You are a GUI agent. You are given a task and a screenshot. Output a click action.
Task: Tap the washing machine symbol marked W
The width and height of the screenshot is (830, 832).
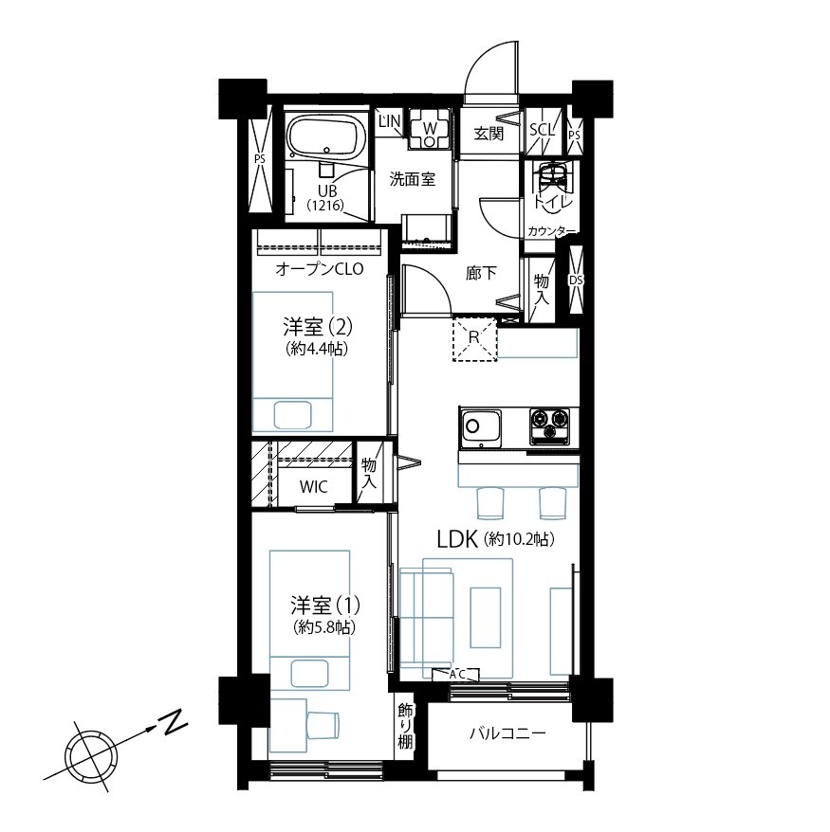pos(430,128)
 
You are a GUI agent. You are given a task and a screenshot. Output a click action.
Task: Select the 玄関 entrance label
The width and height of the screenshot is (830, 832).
pos(489,134)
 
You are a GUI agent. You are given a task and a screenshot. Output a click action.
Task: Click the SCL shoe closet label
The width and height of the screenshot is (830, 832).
pos(542,130)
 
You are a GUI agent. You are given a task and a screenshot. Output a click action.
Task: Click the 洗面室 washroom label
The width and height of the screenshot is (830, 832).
pos(413,179)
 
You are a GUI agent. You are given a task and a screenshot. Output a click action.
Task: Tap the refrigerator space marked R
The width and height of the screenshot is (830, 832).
pos(474,339)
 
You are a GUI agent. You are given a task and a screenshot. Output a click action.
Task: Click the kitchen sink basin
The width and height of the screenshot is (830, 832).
pos(481,425)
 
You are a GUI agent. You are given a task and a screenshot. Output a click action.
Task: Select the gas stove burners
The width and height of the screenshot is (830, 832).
pos(549,426)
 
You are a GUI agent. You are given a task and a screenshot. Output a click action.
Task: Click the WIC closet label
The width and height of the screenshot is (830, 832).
pos(313,486)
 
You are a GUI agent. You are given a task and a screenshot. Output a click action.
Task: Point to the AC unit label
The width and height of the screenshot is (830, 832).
pos(456,675)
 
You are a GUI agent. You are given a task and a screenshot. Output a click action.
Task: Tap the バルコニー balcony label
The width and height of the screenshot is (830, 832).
pos(507,733)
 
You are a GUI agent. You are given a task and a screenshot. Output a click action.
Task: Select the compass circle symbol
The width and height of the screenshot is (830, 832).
pos(88,754)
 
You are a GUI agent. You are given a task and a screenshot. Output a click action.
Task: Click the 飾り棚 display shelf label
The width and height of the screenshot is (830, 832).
pos(405,725)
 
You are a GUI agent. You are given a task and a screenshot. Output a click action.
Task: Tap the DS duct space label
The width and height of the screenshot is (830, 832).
pos(576,280)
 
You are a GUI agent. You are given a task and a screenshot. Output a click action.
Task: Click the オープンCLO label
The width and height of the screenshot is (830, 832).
pos(319,269)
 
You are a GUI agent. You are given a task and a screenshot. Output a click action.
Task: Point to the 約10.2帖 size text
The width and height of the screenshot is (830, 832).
pos(520,539)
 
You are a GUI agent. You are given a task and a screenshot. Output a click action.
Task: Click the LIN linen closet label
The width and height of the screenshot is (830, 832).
pos(389,121)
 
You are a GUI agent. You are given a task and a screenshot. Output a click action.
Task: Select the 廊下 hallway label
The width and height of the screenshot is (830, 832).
pos(482,273)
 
